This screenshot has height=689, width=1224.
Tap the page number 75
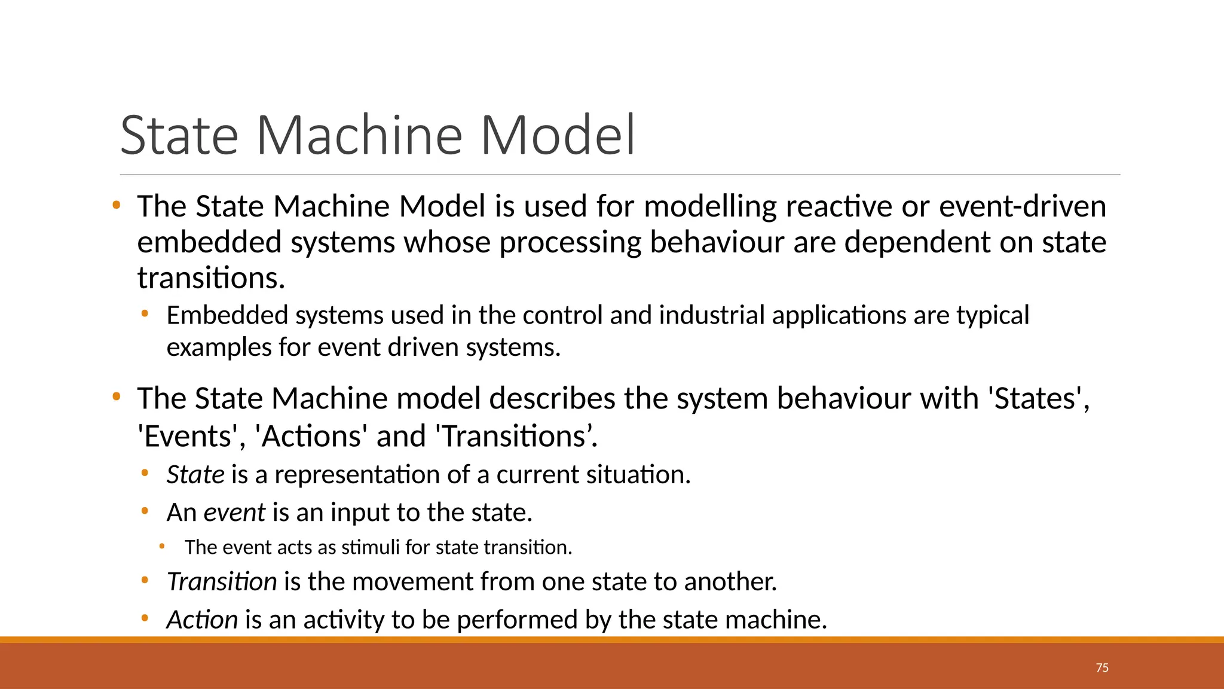[1102, 668]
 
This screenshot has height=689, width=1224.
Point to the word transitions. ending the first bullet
[211, 278]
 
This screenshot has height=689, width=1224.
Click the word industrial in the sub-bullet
[711, 315]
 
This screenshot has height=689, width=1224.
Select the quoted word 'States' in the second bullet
[1039, 399]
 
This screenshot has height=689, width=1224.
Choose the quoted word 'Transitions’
[518, 436]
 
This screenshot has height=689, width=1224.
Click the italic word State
[195, 475]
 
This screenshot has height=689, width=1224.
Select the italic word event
[234, 513]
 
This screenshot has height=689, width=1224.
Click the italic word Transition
[221, 582]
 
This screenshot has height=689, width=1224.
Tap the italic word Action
[202, 620]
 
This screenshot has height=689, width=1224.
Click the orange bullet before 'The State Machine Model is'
[117, 206]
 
